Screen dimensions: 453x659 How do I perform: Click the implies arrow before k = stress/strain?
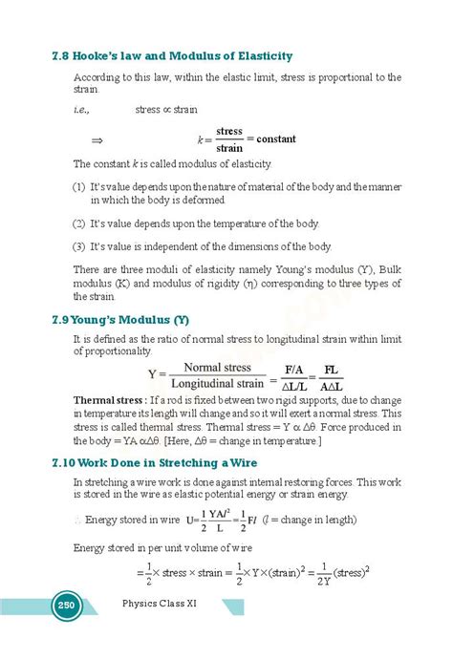[96, 139]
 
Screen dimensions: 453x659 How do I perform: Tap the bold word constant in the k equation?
[276, 138]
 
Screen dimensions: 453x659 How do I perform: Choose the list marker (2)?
[79, 223]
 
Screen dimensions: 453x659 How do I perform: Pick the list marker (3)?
[79, 245]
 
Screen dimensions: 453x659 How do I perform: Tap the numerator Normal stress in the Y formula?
[225, 367]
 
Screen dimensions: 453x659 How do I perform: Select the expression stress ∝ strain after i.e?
[166, 110]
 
